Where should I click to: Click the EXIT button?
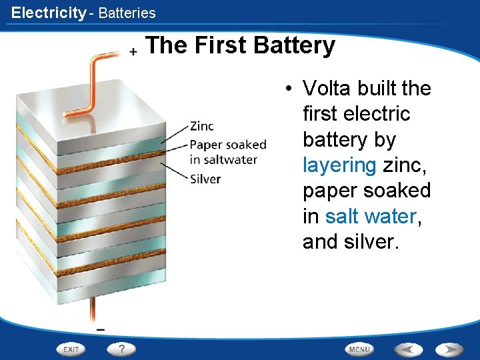point(71,349)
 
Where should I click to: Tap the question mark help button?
point(122,349)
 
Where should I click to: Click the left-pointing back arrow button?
point(407,349)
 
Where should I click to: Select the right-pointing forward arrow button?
point(450,349)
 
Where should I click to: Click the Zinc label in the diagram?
point(202,126)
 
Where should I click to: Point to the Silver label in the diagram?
point(205,179)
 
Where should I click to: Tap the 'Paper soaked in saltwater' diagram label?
point(227,152)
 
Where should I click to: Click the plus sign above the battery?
point(133,51)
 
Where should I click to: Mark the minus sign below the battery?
point(101,329)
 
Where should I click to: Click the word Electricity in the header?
point(48,13)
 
